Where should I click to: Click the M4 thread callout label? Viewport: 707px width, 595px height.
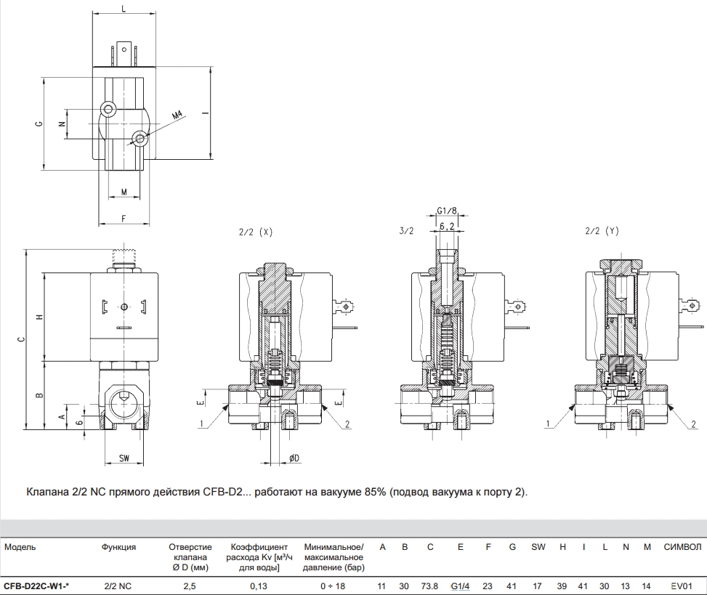tap(177, 116)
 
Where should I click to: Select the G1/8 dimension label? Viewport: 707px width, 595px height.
tap(446, 211)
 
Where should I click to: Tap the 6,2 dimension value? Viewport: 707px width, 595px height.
tap(447, 227)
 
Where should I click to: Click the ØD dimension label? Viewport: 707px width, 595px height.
tap(294, 458)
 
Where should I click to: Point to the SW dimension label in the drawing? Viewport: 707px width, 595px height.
tap(124, 458)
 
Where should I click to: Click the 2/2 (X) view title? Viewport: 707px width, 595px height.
tap(256, 232)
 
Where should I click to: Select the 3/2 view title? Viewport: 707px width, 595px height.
tap(406, 231)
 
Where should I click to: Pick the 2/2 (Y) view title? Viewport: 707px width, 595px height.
tap(602, 231)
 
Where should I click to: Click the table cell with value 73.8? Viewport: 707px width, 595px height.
tap(429, 586)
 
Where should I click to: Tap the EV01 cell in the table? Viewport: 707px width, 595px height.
tap(681, 586)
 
